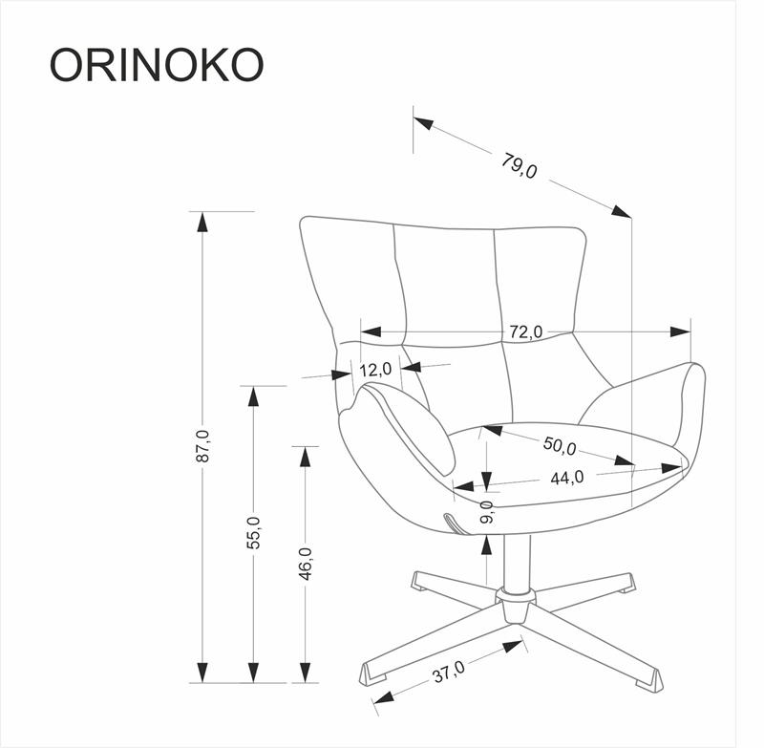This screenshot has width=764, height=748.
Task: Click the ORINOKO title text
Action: coord(157,64)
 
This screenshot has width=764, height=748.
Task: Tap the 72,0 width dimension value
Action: coord(524,331)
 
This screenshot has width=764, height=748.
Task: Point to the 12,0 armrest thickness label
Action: coord(375,369)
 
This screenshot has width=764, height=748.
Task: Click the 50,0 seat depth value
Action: coord(559,446)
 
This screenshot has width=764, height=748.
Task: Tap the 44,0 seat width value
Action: coord(565,477)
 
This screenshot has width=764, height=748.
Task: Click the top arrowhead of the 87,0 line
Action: coord(201,221)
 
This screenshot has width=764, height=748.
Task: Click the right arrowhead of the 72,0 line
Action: coord(680,331)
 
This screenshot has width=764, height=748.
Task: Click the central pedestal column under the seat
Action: coord(516,564)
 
